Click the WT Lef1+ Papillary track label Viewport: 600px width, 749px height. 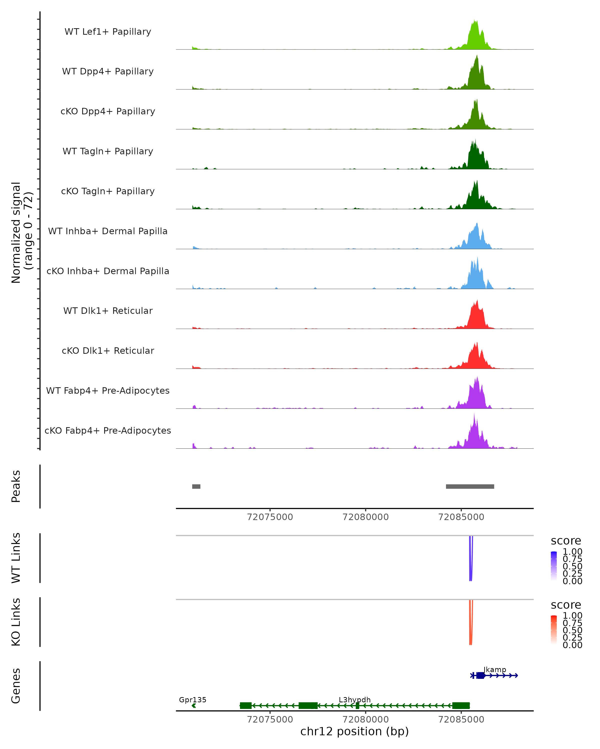click(108, 32)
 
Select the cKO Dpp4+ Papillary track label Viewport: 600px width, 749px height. click(108, 112)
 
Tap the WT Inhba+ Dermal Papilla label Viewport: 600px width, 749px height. click(108, 231)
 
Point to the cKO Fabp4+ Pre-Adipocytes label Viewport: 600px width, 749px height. click(108, 431)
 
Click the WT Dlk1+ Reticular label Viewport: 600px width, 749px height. click(108, 311)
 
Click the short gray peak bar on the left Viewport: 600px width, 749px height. click(196, 486)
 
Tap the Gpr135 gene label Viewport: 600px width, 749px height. click(193, 700)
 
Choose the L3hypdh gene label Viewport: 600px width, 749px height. click(354, 700)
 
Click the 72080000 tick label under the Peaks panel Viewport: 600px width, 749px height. click(365, 517)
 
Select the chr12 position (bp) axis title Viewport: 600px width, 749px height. click(354, 731)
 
